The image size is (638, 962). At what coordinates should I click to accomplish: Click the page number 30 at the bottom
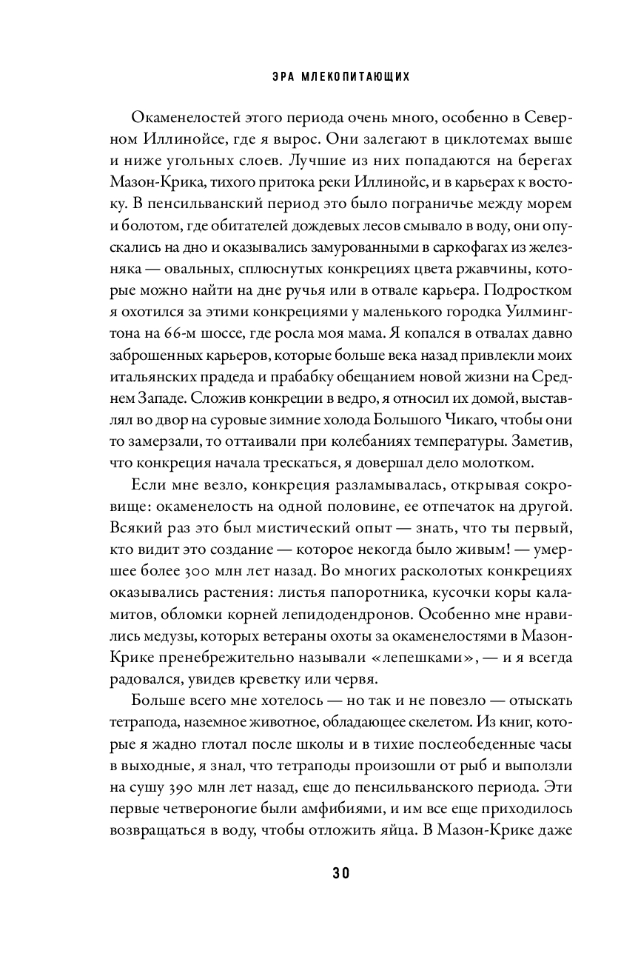click(319, 872)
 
